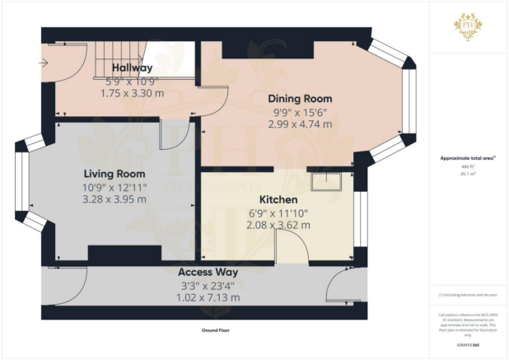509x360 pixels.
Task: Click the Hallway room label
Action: click(133, 68)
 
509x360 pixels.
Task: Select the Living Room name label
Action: click(114, 174)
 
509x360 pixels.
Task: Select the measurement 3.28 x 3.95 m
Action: click(114, 199)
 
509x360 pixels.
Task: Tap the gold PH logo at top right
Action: click(468, 26)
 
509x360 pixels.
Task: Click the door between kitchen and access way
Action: click(289, 247)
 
